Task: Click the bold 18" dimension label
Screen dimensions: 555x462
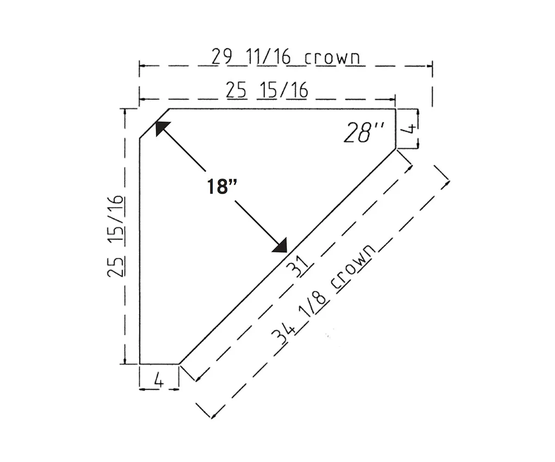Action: (222, 186)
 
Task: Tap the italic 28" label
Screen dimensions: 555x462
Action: (364, 132)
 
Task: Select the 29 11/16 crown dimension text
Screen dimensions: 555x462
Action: (286, 56)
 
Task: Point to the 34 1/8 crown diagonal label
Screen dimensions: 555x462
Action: (323, 295)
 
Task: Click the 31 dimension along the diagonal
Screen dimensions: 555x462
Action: (298, 266)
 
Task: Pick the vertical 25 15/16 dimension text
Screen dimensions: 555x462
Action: (115, 236)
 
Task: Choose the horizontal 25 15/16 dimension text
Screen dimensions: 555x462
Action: (267, 90)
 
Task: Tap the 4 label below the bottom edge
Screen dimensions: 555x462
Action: (159, 380)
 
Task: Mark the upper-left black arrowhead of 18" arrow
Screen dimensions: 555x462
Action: (162, 128)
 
